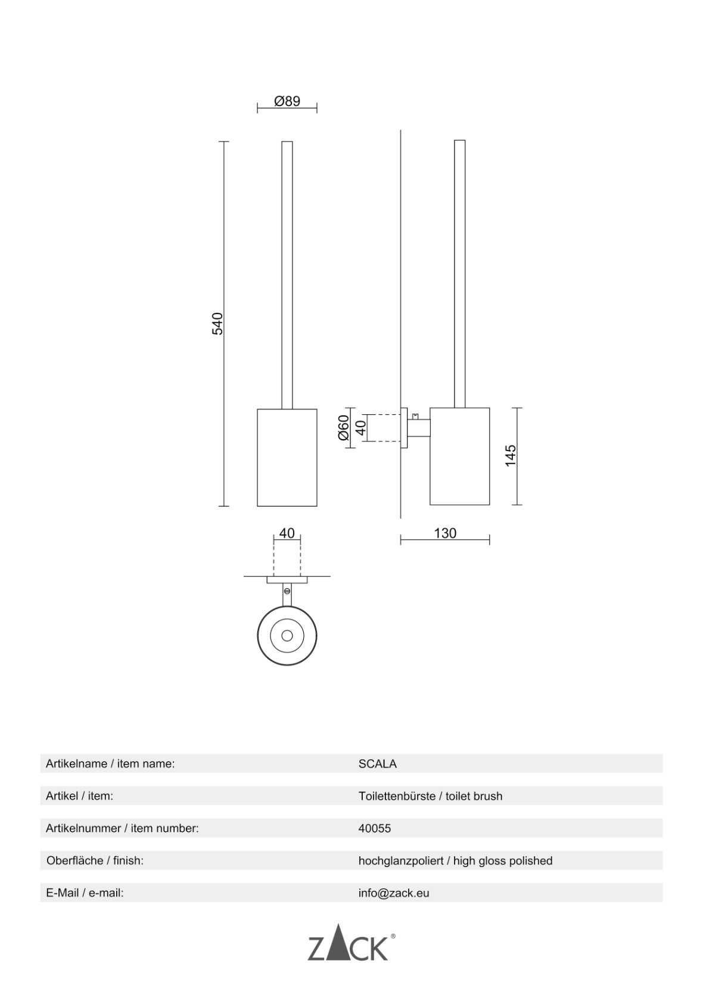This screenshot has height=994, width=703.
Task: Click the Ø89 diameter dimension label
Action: tap(287, 101)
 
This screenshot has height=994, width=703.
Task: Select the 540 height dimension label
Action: tap(217, 324)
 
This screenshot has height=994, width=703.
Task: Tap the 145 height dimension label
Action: tap(511, 455)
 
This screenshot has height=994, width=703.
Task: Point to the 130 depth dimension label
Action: tap(445, 533)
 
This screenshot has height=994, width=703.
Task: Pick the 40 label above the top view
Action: tap(287, 533)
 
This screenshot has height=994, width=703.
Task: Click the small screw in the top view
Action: tap(287, 591)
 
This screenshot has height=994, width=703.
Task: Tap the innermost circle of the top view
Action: tap(287, 635)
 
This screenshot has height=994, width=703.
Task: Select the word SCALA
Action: tap(378, 764)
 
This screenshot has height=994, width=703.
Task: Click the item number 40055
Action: tap(375, 828)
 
